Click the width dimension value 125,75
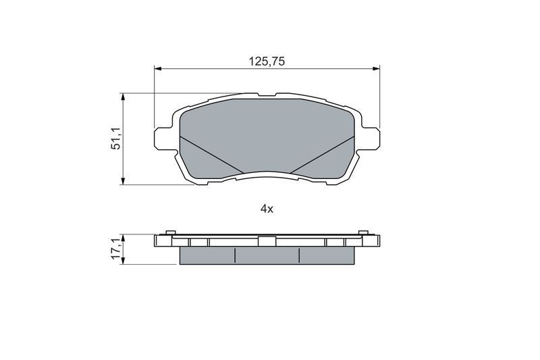coord(267,61)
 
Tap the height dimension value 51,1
coord(115,138)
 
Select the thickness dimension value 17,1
coord(115,249)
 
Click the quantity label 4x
coord(267,209)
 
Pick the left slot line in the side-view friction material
coord(234,255)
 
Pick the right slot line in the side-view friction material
coord(299,255)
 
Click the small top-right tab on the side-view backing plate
coord(364,234)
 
